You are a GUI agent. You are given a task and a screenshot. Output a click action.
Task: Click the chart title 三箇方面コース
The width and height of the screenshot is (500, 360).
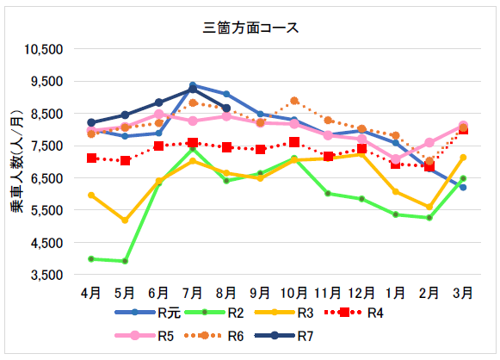pyautogui.click(x=250, y=27)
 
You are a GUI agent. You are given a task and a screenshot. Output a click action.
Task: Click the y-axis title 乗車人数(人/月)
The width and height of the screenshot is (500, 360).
pyautogui.click(x=16, y=161)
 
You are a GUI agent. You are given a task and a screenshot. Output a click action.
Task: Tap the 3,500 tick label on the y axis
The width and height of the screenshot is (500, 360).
pyautogui.click(x=50, y=275)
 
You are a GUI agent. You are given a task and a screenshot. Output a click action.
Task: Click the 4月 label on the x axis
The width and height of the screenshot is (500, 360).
pyautogui.click(x=91, y=293)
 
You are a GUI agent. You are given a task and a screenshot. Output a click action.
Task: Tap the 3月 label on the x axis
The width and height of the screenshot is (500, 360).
pyautogui.click(x=462, y=293)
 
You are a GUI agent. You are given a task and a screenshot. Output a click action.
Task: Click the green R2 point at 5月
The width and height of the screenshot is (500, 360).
pyautogui.click(x=125, y=261)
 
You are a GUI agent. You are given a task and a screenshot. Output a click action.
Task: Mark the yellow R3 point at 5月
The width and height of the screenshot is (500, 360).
pyautogui.click(x=125, y=220)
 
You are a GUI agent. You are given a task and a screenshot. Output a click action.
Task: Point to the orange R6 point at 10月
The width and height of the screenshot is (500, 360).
pyautogui.click(x=294, y=101)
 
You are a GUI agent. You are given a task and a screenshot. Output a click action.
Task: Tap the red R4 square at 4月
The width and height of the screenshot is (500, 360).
pyautogui.click(x=91, y=158)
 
